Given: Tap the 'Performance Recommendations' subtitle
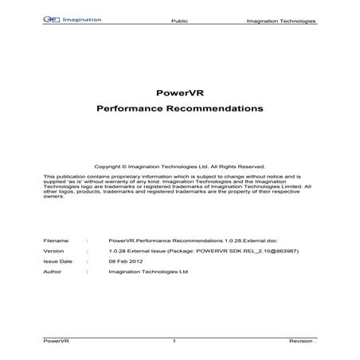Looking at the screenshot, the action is pyautogui.click(x=179, y=107).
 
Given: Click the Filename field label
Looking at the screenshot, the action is pyautogui.click(x=55, y=239).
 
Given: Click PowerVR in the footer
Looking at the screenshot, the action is pyautogui.click(x=53, y=342).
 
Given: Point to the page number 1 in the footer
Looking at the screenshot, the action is pyautogui.click(x=174, y=342).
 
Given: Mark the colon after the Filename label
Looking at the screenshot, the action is pyautogui.click(x=85, y=239).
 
